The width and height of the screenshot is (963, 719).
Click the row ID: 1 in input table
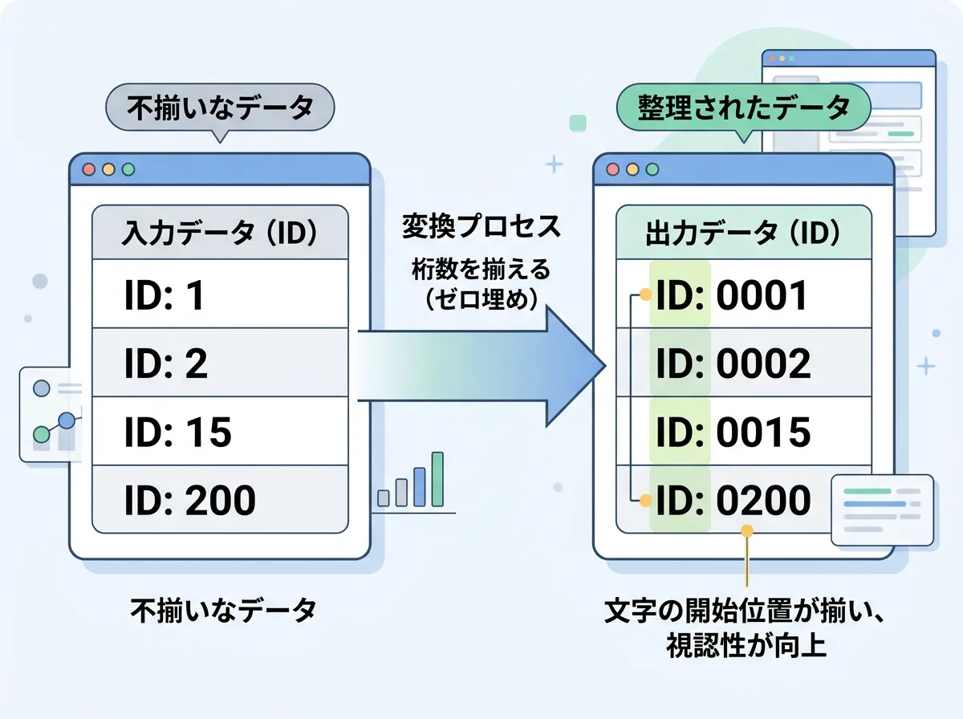coord(220,294)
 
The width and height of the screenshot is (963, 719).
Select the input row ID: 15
coord(220,433)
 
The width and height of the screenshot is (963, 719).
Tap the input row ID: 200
coord(220,500)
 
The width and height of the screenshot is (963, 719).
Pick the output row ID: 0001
coord(743,295)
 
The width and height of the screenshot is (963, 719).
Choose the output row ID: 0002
coord(743,364)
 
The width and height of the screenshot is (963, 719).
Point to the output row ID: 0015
coord(743,433)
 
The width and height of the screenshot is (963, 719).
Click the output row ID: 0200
coord(743,501)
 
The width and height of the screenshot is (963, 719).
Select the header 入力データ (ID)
coord(220,233)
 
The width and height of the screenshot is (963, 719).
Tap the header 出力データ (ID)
coord(743,234)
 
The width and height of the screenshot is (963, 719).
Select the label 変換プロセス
coord(481,227)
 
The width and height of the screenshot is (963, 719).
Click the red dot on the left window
coord(88,170)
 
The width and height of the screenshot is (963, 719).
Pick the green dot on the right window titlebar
coord(652,169)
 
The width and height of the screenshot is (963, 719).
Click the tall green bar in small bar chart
coord(437,479)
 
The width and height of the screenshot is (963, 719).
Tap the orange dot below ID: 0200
coord(747,530)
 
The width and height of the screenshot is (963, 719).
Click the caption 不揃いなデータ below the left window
coord(224,611)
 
